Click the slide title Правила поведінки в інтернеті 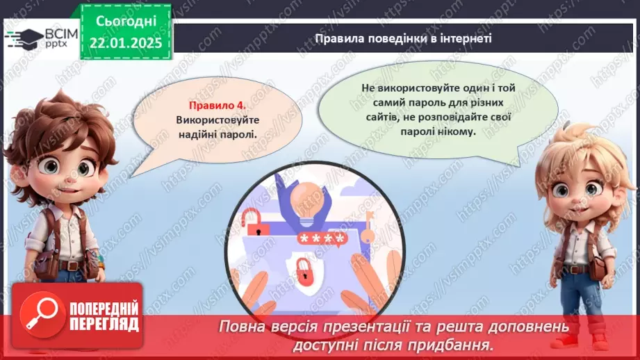(403, 39)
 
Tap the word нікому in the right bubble (457, 131)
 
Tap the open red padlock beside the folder (251, 224)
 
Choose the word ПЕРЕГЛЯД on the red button (105, 323)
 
